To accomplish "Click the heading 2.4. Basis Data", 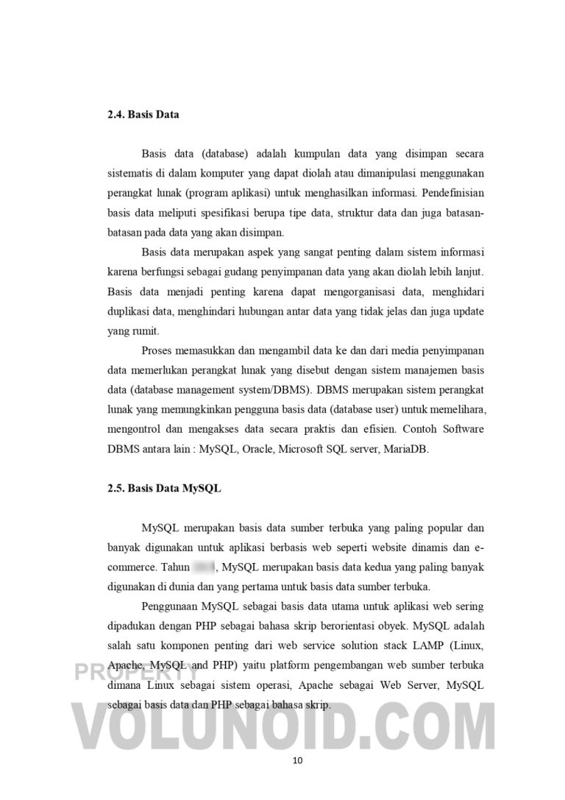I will pyautogui.click(x=143, y=115).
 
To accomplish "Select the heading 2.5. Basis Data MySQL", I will pyautogui.click(x=163, y=488).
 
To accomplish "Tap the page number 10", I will pyautogui.click(x=297, y=761).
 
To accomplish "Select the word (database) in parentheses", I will pyautogui.click(x=216, y=154).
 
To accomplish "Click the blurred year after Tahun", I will pyautogui.click(x=203, y=567).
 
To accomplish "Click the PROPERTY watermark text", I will pyautogui.click(x=135, y=672).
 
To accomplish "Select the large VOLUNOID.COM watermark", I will pyautogui.click(x=282, y=723).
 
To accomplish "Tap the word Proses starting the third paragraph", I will pyautogui.click(x=158, y=350).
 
